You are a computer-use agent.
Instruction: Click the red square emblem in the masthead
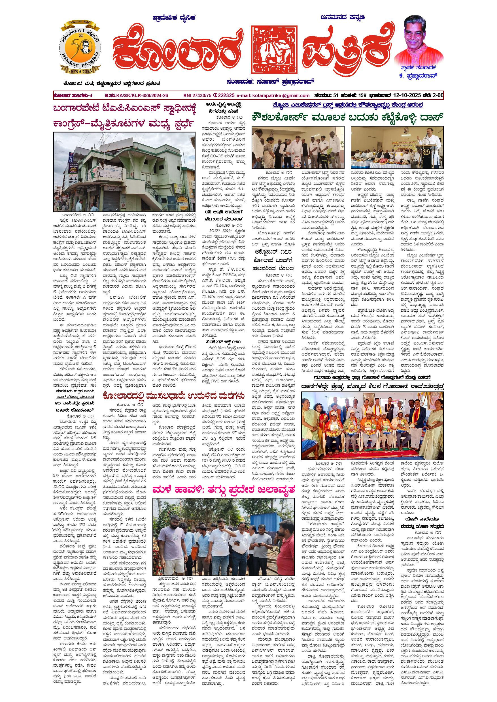(274, 50)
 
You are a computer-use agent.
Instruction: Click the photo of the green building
(124, 172)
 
